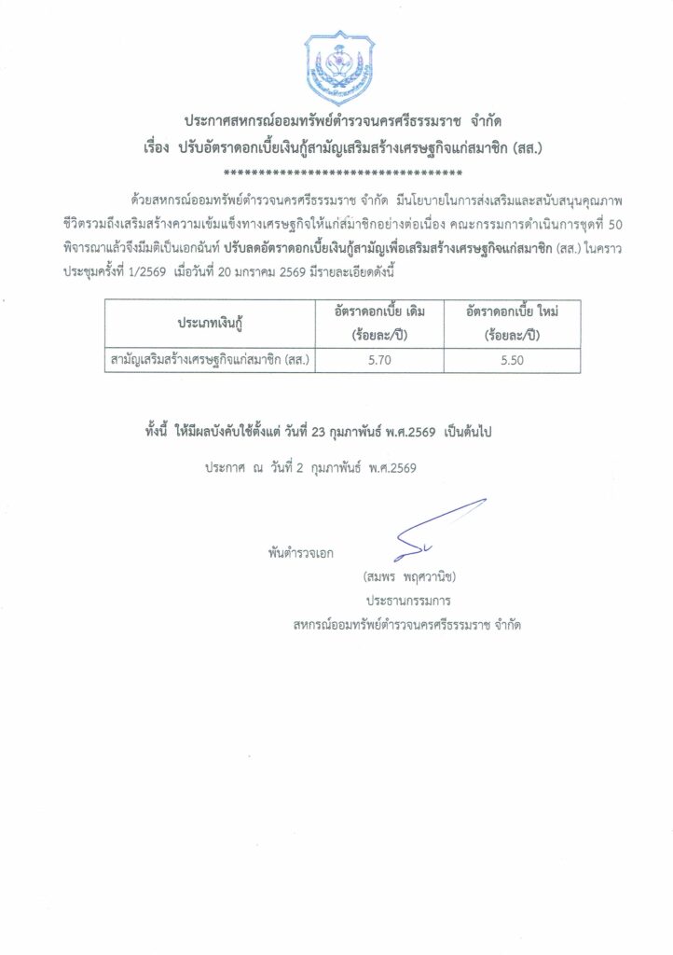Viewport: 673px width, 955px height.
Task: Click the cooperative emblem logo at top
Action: point(336,67)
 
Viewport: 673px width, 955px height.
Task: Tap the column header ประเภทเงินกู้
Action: point(210,323)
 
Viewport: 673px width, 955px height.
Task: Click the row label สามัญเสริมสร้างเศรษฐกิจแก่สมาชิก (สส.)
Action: point(210,359)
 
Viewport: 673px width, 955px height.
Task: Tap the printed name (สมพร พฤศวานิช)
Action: point(408,575)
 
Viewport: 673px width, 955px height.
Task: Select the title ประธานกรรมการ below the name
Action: point(408,601)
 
